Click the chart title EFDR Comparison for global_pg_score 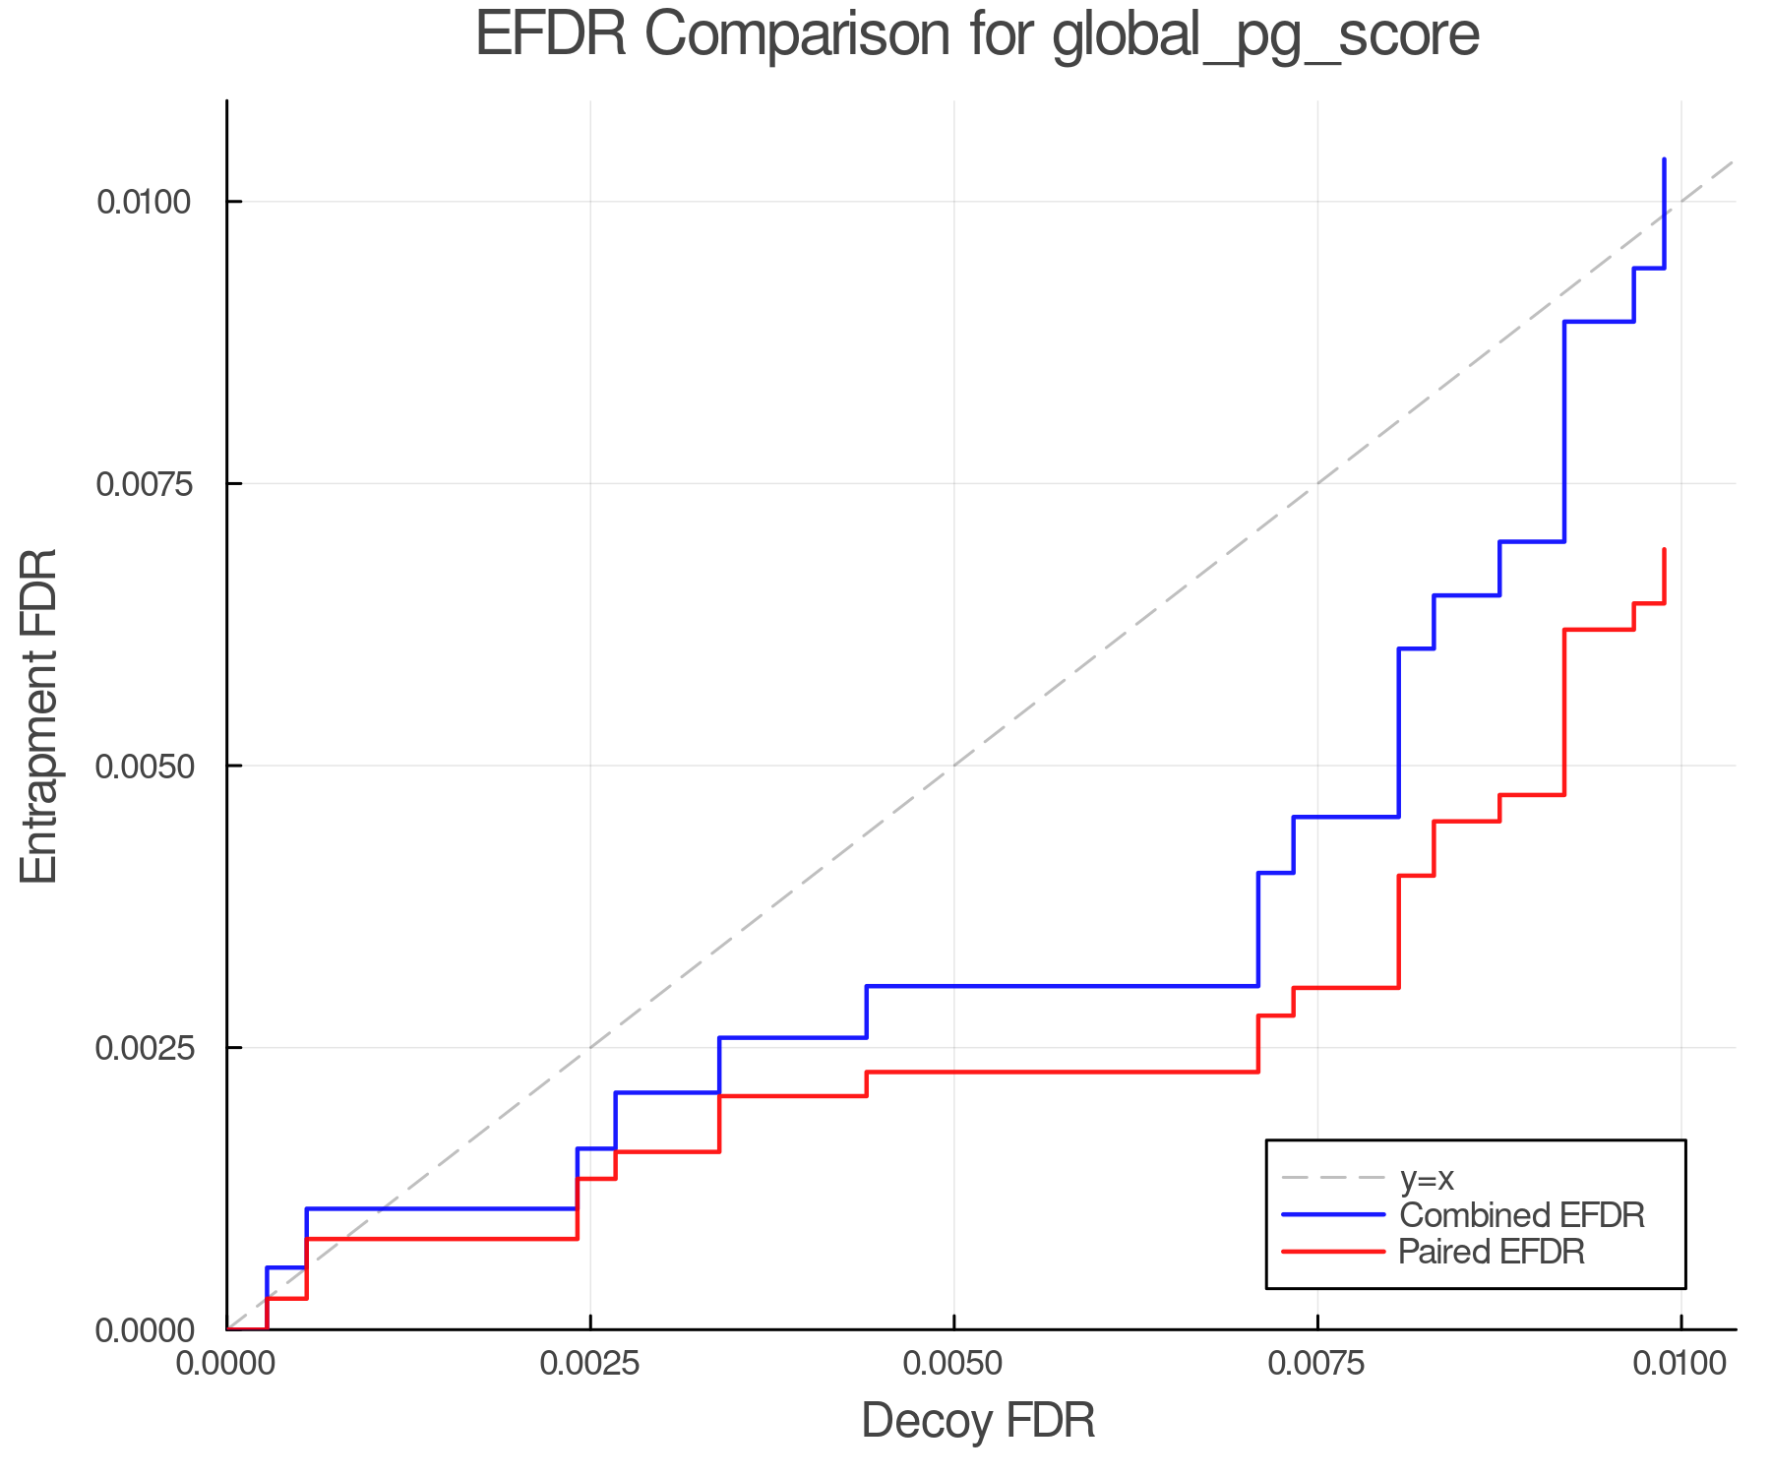point(977,35)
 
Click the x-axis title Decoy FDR point(978,1421)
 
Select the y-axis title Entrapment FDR point(39,716)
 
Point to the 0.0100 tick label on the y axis point(142,203)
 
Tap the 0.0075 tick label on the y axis point(142,484)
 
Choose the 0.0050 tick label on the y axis point(142,767)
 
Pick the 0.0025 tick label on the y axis point(142,1048)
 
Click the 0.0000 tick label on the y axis point(142,1330)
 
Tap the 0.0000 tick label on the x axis point(227,1364)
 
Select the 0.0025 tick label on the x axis point(590,1364)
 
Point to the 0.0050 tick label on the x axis point(954,1364)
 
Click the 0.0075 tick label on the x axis point(1317,1364)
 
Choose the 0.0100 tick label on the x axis point(1680,1364)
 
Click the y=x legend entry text point(1427,1178)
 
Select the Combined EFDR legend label point(1521,1215)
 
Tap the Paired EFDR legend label point(1492,1252)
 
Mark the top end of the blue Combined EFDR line point(1664,159)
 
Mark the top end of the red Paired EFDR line point(1664,549)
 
